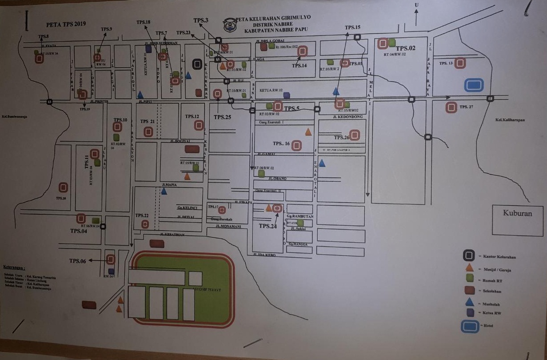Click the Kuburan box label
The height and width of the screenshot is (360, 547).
pos(517,213)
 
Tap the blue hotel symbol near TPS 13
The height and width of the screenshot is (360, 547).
pos(474,85)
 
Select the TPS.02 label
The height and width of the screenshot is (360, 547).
pos(406,48)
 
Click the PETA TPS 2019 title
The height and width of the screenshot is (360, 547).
pos(66,24)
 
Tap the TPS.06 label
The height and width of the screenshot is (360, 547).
pos(77,261)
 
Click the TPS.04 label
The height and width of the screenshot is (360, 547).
pos(78,231)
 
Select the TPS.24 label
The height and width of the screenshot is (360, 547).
pos(268,226)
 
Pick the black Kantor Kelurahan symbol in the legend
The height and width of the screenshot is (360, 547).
pos(468,256)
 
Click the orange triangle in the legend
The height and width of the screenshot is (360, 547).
pos(468,268)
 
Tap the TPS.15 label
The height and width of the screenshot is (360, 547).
pos(352,28)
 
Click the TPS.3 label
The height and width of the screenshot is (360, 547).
pos(201,20)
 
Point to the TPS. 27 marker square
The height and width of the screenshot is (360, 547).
pos(451,107)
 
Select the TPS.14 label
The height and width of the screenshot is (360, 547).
pos(299,66)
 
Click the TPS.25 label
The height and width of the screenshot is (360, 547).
pos(222,117)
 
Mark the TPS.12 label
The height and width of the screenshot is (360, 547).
pos(192,116)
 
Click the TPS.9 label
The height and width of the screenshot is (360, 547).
pos(107,29)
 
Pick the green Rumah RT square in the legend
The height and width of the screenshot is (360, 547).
pos(469,278)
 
